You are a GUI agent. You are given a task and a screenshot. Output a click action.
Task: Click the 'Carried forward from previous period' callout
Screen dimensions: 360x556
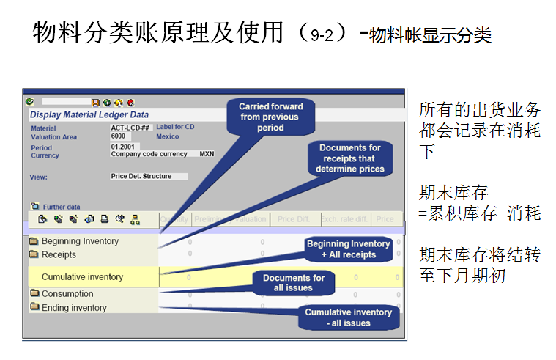click(270, 117)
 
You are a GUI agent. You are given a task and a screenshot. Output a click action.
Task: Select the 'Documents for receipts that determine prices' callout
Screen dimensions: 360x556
click(349, 158)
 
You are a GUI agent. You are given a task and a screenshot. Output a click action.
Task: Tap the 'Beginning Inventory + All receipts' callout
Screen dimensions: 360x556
click(348, 249)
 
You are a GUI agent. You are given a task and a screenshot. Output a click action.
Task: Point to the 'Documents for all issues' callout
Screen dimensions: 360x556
click(294, 283)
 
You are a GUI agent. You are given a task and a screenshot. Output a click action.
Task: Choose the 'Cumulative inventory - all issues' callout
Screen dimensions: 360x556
click(348, 317)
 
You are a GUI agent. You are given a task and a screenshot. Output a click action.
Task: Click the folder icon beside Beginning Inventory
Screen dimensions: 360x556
click(34, 241)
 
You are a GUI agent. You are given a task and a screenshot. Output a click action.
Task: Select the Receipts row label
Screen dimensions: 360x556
click(59, 254)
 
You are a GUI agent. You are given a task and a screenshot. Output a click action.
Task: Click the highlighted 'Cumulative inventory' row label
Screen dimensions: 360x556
click(82, 277)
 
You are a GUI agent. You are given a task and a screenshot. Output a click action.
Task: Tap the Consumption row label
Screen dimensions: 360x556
click(67, 294)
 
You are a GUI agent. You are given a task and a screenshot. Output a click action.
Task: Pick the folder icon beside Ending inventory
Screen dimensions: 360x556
click(34, 308)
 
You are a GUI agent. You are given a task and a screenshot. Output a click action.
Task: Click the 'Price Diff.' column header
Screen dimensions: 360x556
click(292, 218)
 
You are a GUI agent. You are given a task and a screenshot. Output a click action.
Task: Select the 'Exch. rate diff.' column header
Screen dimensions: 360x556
click(343, 218)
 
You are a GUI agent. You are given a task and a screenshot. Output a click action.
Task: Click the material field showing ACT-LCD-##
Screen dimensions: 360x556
click(130, 127)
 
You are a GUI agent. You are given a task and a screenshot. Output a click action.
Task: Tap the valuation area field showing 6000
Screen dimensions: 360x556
click(119, 136)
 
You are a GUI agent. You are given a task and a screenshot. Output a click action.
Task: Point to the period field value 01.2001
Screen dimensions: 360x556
click(124, 147)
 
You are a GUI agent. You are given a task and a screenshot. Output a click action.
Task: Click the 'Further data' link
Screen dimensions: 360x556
click(61, 207)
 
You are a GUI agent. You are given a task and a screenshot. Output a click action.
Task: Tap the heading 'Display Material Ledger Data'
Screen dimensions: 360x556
click(89, 114)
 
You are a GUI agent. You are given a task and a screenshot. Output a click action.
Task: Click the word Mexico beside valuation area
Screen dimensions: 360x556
click(168, 136)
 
